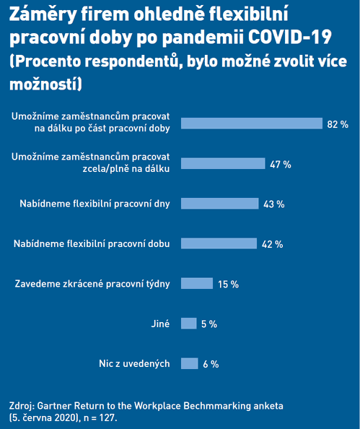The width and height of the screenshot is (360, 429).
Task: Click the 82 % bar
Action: coord(252,123)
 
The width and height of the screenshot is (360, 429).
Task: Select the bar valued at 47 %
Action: coord(223,163)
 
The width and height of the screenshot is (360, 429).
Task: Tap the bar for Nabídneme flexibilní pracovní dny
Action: coord(220,204)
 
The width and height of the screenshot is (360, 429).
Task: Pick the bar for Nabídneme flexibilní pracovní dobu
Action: coord(219,243)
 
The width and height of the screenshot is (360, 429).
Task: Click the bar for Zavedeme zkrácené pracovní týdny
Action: coord(197,283)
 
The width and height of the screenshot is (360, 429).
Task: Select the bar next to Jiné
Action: coord(188,324)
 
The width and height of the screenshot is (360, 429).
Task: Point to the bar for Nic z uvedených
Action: coord(190,363)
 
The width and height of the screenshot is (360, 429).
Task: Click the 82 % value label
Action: coord(338,124)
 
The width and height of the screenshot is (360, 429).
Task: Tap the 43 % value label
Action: coord(274,204)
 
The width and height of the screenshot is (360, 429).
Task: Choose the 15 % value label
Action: coord(228,285)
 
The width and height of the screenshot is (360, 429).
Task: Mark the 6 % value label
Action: coord(211,365)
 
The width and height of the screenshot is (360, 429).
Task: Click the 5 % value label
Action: coord(209,324)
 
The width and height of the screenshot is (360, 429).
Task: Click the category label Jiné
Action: coord(160,324)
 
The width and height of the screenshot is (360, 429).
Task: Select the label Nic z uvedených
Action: coord(134,364)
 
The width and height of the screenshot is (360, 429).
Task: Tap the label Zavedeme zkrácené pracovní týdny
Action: coord(92,284)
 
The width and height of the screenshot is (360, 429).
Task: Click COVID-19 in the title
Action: coord(290,37)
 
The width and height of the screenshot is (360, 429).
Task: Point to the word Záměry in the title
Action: coord(43,15)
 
